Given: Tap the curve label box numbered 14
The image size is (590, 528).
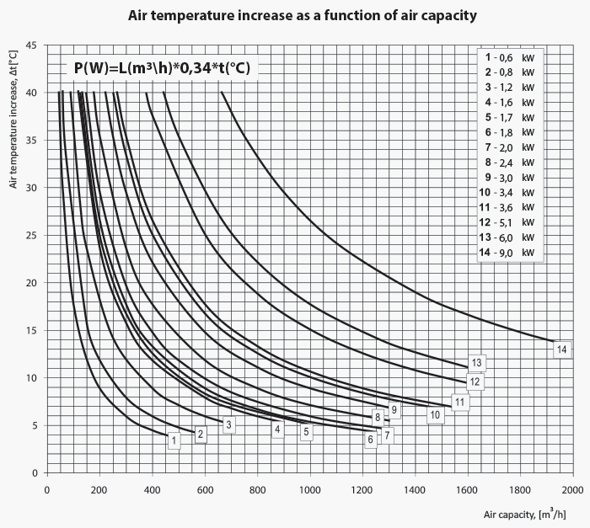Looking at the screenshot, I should tap(561, 349).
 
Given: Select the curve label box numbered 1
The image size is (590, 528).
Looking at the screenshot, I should tap(173, 440).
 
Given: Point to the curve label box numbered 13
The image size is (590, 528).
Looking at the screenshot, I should tap(477, 363).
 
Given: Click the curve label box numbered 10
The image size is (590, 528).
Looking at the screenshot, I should tap(435, 414).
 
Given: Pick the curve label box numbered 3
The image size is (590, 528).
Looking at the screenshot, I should tap(228, 425).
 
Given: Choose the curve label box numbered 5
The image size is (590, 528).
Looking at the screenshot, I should tap(306, 432).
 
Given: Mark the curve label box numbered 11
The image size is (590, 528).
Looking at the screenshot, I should tap(460, 402).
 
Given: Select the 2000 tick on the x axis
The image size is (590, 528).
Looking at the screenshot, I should tap(572, 489).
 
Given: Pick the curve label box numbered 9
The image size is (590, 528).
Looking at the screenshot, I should tap(394, 409).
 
